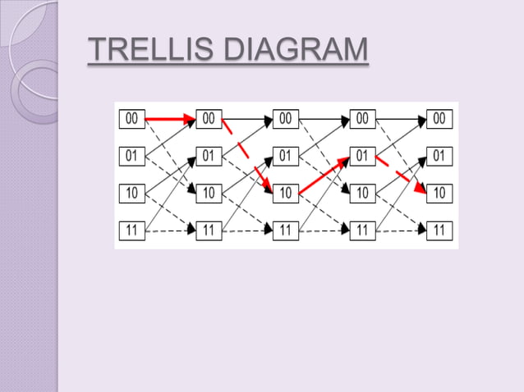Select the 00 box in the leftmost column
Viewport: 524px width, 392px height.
(x=131, y=119)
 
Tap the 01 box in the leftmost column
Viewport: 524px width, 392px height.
(x=131, y=155)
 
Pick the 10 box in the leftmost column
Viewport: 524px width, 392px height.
(x=131, y=193)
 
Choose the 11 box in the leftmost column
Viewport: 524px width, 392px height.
(x=131, y=230)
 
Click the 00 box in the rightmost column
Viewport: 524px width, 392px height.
(x=439, y=119)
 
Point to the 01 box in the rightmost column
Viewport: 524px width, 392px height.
(x=439, y=155)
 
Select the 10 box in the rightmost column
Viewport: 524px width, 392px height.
(x=439, y=193)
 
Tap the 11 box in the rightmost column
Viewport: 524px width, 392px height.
(x=439, y=230)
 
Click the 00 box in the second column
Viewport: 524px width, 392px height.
(x=209, y=119)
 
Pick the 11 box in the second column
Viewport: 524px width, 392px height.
(x=209, y=230)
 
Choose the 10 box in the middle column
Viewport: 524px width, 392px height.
(x=285, y=193)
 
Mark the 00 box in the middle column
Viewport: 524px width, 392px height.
(x=285, y=119)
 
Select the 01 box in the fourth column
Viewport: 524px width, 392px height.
(x=362, y=155)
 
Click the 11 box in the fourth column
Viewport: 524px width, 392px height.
(x=362, y=230)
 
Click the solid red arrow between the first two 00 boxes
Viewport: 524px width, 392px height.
(x=170, y=120)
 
